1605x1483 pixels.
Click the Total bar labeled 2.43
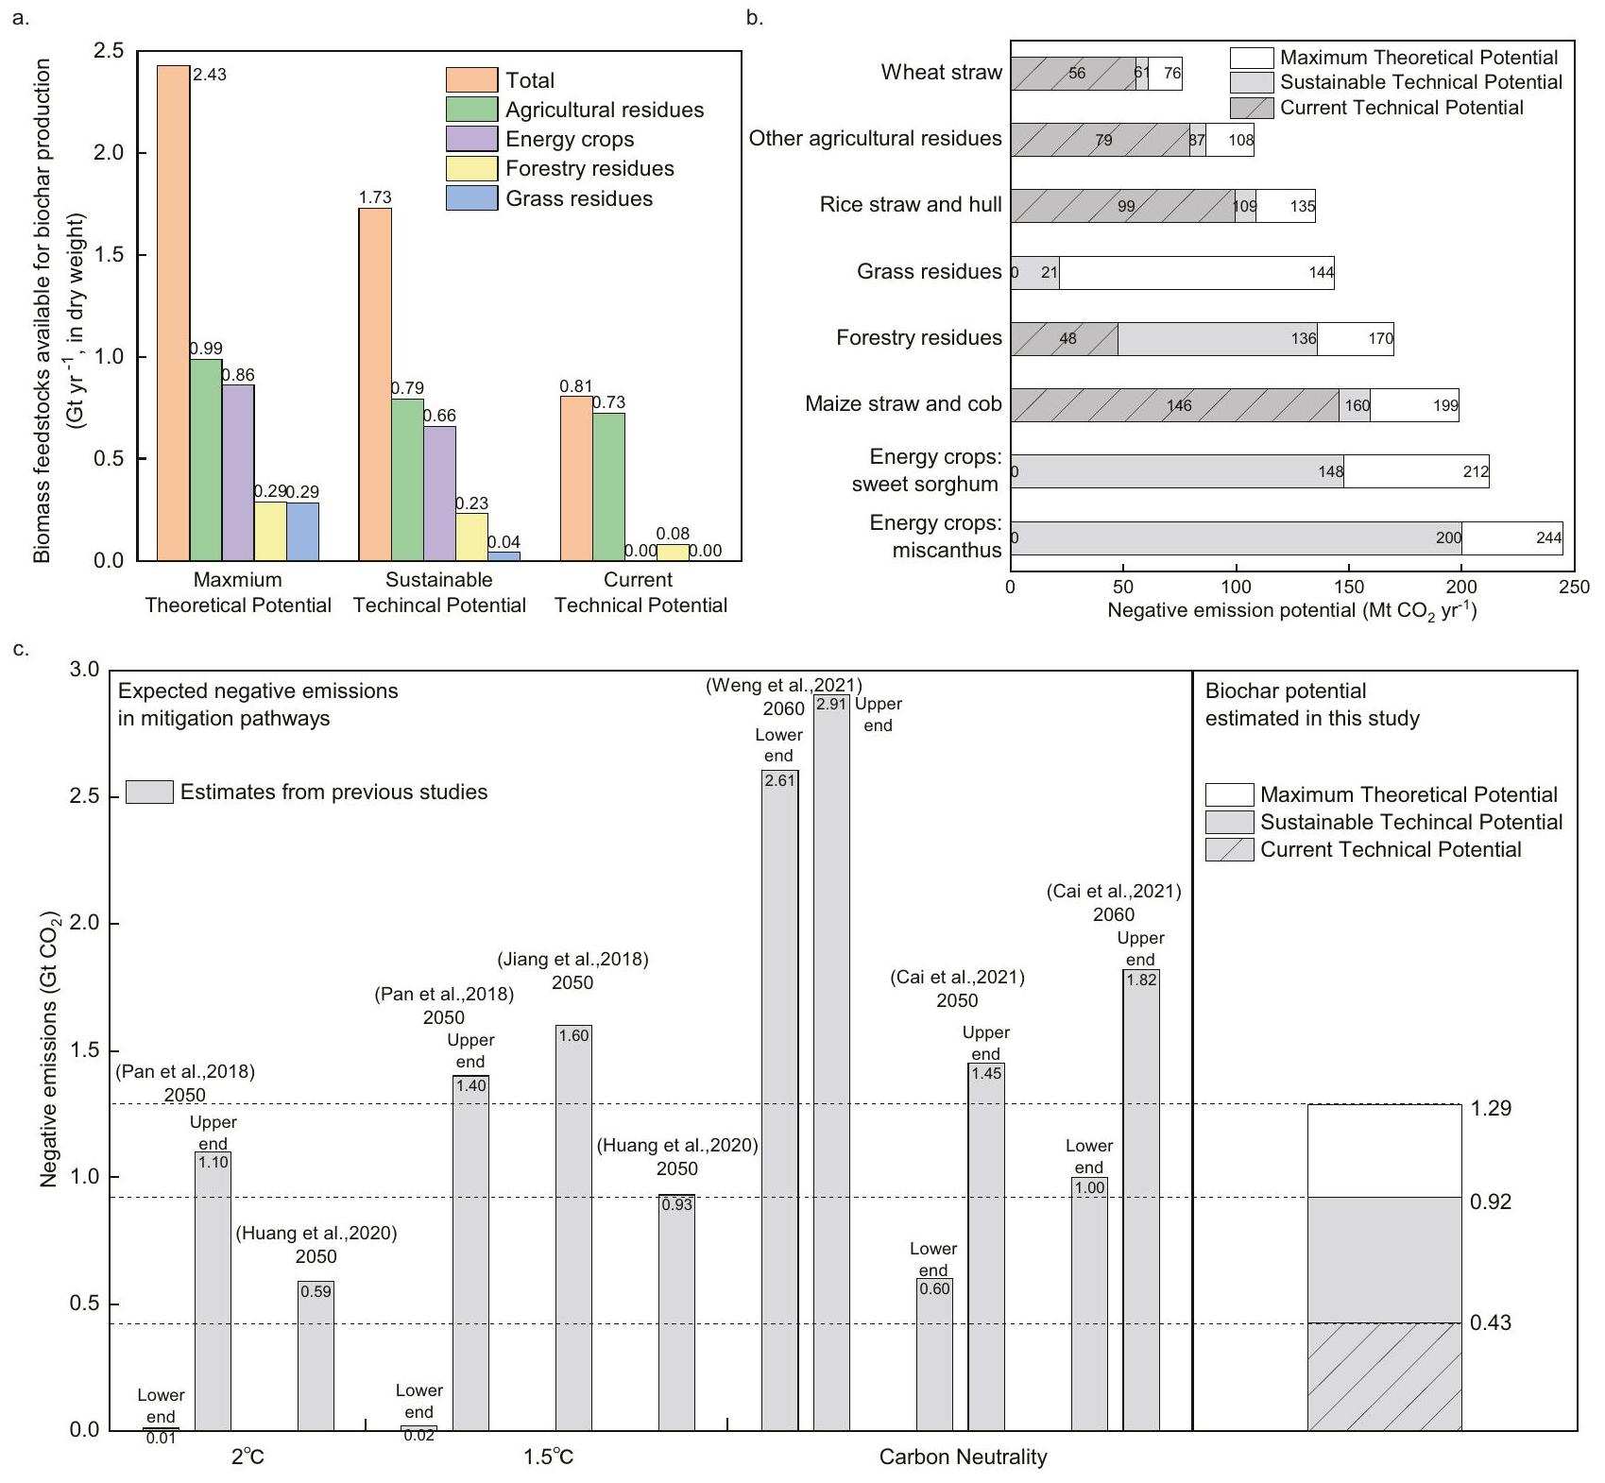173,312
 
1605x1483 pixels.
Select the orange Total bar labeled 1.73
374,384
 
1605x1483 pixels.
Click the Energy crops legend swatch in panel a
471,139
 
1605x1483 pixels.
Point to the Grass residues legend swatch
471,198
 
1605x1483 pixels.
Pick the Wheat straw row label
941,73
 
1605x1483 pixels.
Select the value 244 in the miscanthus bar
1548,537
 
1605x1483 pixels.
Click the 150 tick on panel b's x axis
1349,587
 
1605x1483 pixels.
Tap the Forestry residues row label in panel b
918,338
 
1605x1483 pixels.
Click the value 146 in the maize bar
1179,405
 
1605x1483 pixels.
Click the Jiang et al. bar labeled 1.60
573,1228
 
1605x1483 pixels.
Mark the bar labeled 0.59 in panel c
316,1355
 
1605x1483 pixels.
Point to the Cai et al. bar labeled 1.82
1140,1200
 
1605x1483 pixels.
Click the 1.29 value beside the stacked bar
1491,1108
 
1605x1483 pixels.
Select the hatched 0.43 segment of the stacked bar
1384,1376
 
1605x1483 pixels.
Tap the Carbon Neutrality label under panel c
963,1457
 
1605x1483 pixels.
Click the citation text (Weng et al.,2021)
783,686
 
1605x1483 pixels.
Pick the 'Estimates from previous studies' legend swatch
149,792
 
